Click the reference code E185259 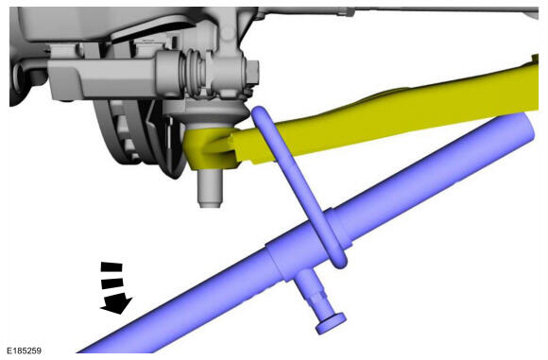point(25,351)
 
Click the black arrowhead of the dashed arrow point(116,303)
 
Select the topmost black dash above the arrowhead point(111,267)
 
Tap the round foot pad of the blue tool point(331,323)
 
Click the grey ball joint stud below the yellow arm point(210,188)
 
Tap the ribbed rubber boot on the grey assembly point(197,73)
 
